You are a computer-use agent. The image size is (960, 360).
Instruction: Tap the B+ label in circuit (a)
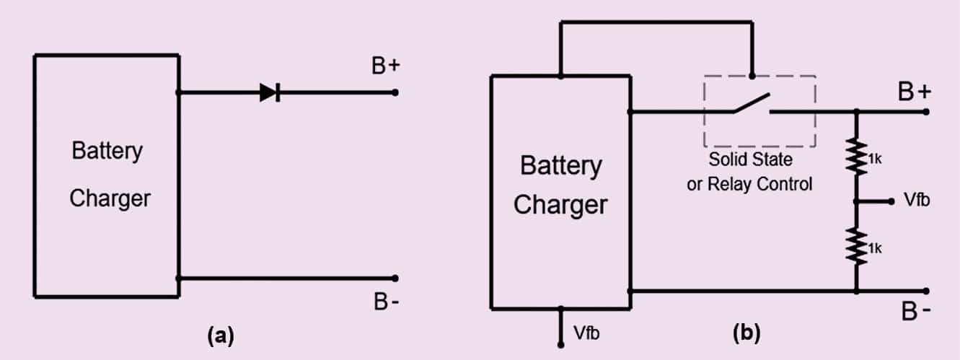click(x=386, y=66)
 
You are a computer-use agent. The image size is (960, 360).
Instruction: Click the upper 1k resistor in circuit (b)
click(x=857, y=157)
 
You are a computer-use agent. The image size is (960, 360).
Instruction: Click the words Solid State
click(x=749, y=159)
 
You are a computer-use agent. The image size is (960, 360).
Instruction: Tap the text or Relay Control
click(x=749, y=184)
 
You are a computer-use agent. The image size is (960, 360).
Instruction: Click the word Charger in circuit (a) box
click(x=110, y=198)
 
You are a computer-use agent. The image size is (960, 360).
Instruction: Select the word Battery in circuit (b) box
click(x=560, y=166)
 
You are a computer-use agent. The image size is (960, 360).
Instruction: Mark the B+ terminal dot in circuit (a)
click(x=395, y=92)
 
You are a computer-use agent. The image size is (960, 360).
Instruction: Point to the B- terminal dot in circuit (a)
click(x=395, y=278)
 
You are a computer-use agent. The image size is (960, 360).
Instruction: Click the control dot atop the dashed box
click(x=752, y=75)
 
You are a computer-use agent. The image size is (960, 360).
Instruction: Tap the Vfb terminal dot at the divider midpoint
click(x=891, y=202)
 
